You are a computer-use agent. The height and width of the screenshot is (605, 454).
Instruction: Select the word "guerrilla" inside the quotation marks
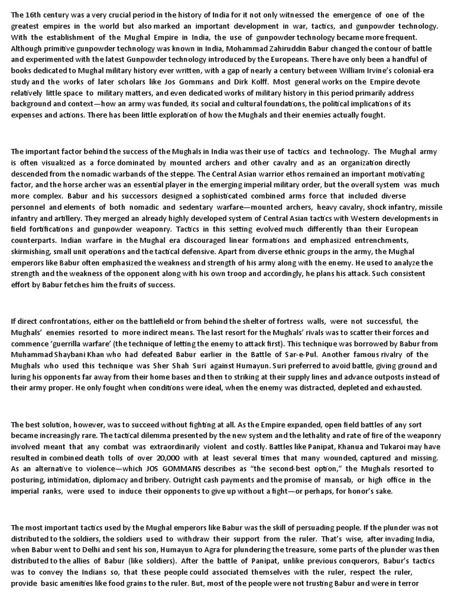coord(79,343)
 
